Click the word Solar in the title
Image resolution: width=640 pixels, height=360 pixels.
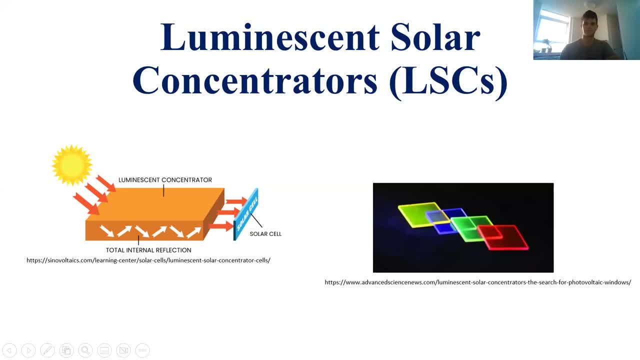click(435, 37)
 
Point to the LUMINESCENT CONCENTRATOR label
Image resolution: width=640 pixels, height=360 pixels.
click(165, 180)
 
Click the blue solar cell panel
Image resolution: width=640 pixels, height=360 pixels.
click(246, 214)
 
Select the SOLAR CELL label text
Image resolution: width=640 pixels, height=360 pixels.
click(265, 234)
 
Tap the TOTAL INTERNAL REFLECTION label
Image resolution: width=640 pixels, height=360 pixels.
click(148, 250)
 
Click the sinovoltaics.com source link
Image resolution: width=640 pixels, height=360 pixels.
click(148, 260)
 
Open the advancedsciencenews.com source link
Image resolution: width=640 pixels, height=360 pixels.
click(477, 282)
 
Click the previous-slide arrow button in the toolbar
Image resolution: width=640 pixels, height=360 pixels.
click(9, 350)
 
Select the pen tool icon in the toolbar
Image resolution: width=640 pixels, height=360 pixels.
click(47, 350)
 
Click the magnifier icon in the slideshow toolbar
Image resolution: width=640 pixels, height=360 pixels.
click(85, 350)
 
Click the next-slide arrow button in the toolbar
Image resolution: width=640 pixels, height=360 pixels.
click(28, 350)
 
